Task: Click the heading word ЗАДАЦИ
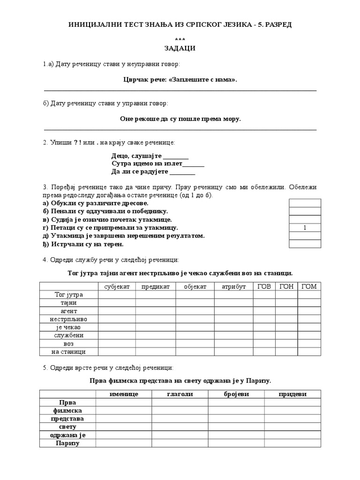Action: pyautogui.click(x=180, y=48)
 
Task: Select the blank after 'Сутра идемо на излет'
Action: pyautogui.click(x=193, y=164)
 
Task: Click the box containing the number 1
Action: pyautogui.click(x=305, y=228)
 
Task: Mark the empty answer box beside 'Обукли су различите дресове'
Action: pyautogui.click(x=305, y=203)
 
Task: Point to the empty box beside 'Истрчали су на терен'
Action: pyautogui.click(x=305, y=244)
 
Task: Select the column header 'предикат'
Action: pyautogui.click(x=156, y=286)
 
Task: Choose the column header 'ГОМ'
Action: pyautogui.click(x=309, y=286)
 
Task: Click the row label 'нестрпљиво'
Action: pyautogui.click(x=68, y=319)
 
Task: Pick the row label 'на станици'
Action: pyautogui.click(x=68, y=352)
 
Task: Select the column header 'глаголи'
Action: pyautogui.click(x=180, y=394)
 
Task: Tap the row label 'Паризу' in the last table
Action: pyautogui.click(x=68, y=443)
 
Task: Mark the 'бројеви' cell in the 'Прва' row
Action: pyautogui.click(x=236, y=403)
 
